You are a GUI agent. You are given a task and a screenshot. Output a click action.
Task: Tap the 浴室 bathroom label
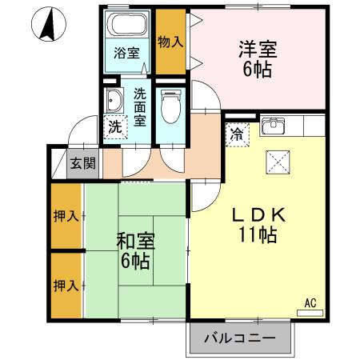point(126,53)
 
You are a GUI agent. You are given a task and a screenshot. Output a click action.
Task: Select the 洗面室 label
point(140,106)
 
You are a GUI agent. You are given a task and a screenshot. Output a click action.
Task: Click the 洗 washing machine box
point(115,126)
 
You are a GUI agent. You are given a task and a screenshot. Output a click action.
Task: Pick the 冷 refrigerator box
point(238,134)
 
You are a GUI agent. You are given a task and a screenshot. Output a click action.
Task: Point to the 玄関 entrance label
point(82,164)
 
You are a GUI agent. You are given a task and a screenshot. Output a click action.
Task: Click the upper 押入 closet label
point(66,215)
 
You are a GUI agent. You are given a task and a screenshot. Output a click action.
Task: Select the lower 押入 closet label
point(66,285)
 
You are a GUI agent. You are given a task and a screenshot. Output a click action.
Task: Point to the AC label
point(310,303)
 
